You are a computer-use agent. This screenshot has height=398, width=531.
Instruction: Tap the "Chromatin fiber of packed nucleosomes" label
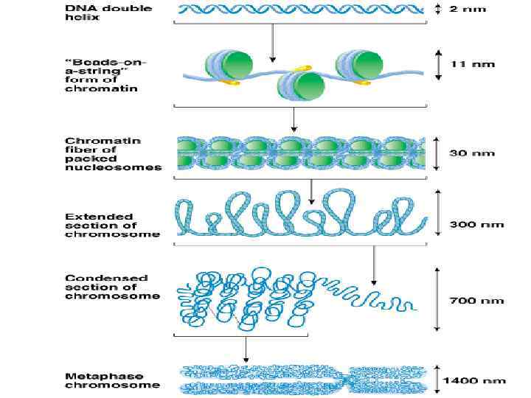pyautogui.click(x=113, y=153)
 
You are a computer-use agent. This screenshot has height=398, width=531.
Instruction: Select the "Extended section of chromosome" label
pyautogui.click(x=112, y=225)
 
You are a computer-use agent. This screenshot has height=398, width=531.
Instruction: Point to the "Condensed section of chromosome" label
pyautogui.click(x=112, y=287)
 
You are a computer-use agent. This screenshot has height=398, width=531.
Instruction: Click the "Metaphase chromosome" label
pyautogui.click(x=112, y=380)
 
